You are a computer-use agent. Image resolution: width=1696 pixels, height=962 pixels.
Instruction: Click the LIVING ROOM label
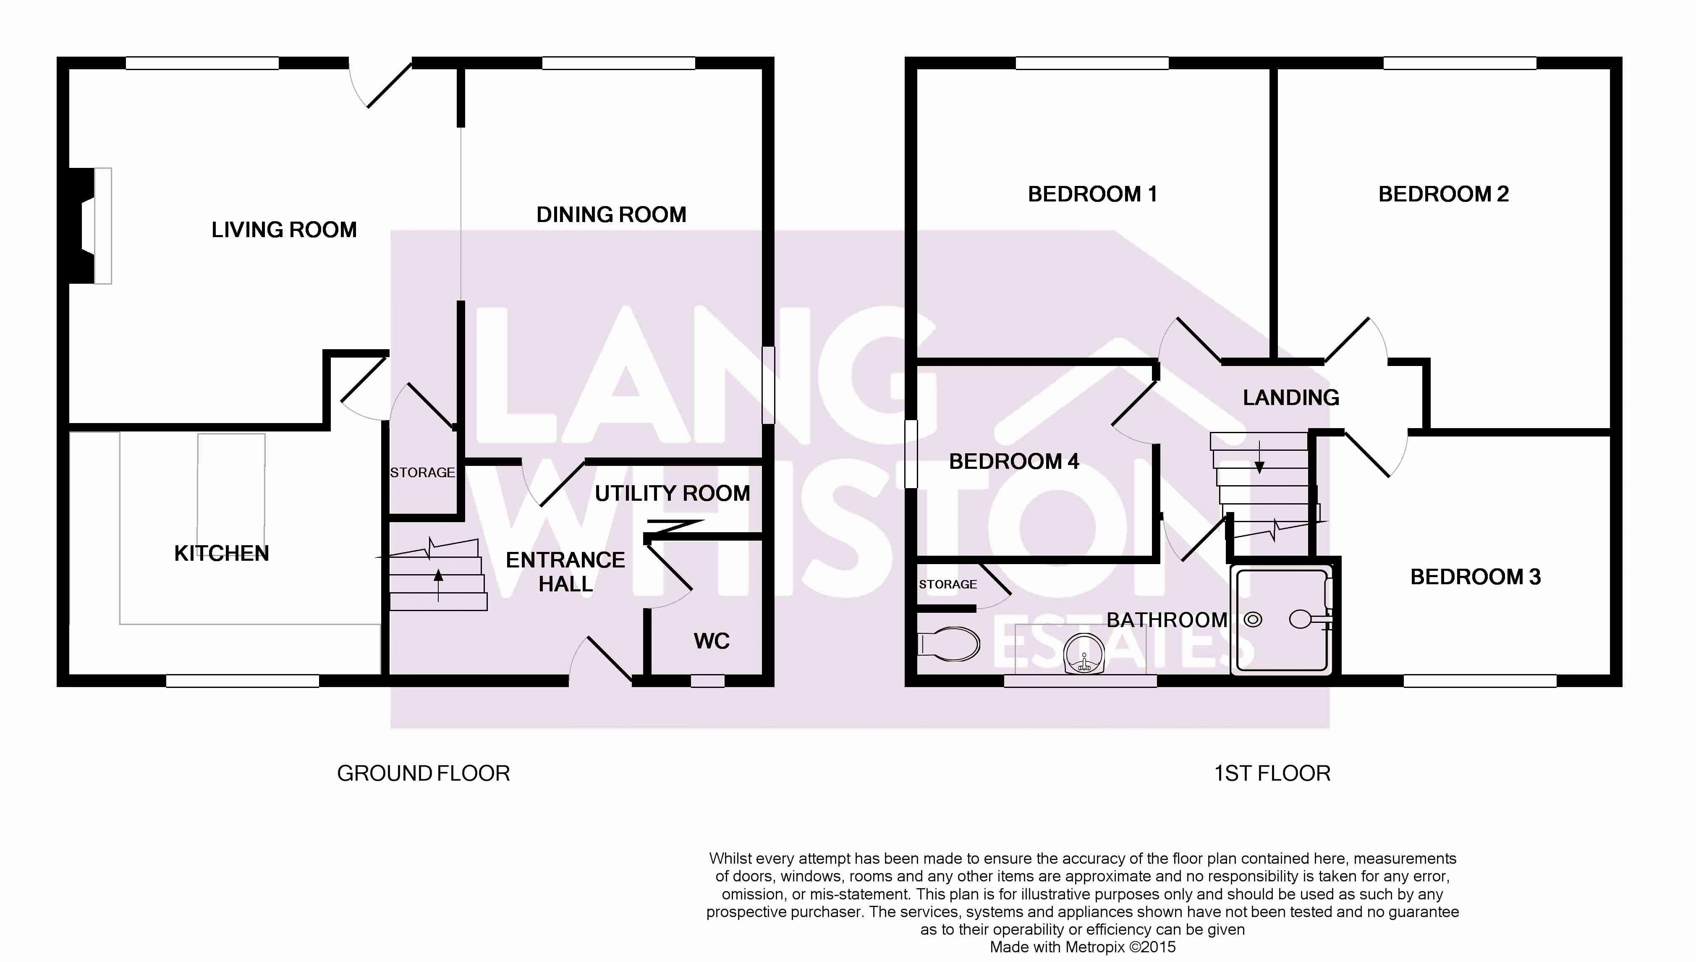pyautogui.click(x=284, y=230)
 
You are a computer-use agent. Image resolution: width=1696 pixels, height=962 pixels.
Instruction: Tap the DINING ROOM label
pyautogui.click(x=611, y=215)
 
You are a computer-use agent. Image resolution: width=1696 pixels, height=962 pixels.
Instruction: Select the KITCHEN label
pyautogui.click(x=221, y=554)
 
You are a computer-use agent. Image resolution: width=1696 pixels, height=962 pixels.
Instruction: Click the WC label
pyautogui.click(x=712, y=641)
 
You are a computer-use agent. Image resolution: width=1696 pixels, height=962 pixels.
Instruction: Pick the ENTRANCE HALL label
pyautogui.click(x=565, y=572)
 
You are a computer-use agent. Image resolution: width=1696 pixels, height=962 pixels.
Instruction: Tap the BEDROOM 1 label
pyautogui.click(x=1092, y=194)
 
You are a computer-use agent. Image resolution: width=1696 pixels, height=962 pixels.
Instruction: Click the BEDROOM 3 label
pyautogui.click(x=1475, y=577)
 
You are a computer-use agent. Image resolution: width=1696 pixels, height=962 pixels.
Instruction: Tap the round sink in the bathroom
pyautogui.click(x=1084, y=654)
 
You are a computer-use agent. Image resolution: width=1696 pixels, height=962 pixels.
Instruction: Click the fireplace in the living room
pyautogui.click(x=91, y=226)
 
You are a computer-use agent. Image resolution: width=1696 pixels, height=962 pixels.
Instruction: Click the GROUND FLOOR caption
pyautogui.click(x=424, y=774)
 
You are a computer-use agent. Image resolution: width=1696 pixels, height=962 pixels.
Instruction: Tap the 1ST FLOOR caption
pyautogui.click(x=1272, y=774)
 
